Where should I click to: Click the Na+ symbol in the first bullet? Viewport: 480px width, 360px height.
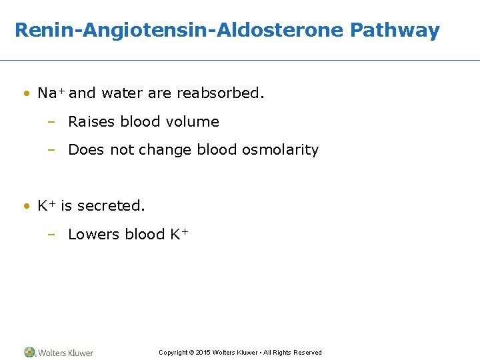tap(51, 93)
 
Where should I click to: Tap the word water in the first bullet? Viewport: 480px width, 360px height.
tap(123, 93)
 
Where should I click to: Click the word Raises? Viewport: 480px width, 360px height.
tap(92, 122)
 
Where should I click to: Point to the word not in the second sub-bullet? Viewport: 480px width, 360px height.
tap(122, 150)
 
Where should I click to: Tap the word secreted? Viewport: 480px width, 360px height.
tap(111, 206)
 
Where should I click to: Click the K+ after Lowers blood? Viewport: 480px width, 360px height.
tap(179, 234)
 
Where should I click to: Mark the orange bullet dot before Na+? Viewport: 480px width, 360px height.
tap(26, 93)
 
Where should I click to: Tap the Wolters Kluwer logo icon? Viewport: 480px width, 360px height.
tap(29, 352)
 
